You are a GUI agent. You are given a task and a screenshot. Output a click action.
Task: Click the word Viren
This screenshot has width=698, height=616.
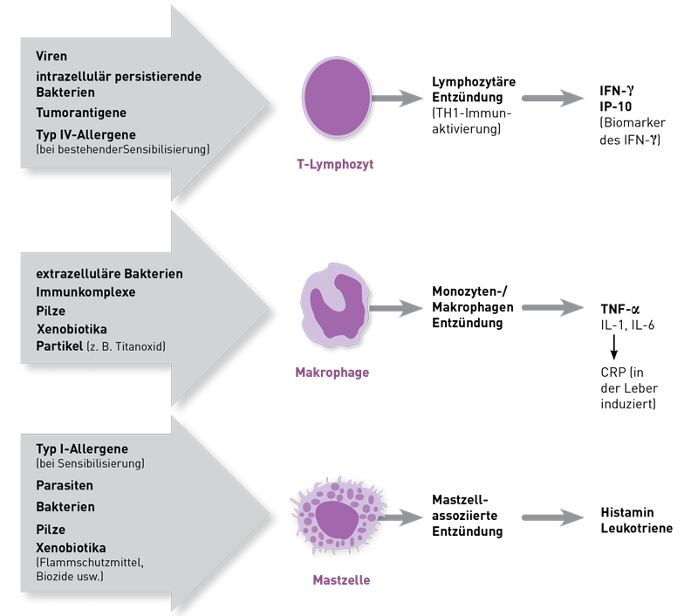[51, 57]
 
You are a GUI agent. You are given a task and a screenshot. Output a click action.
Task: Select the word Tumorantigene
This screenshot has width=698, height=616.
[81, 113]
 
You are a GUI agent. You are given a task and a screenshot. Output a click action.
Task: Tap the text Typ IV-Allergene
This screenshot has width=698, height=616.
[87, 133]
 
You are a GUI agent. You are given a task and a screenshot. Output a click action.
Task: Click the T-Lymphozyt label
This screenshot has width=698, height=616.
[335, 164]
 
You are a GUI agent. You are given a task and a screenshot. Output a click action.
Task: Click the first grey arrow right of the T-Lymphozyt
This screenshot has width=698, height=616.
[398, 99]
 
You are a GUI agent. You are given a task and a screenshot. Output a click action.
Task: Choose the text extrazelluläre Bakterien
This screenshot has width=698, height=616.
[109, 274]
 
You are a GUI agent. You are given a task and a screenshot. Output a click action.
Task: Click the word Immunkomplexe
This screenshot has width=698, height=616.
[86, 292]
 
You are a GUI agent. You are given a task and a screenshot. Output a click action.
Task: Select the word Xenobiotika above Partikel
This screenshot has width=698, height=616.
[72, 329]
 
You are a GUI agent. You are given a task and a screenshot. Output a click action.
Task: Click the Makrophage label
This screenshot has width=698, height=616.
[332, 373]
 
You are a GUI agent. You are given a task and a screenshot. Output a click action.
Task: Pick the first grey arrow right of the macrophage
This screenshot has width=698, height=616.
[397, 308]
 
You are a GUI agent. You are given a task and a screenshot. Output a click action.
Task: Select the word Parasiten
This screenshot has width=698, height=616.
[65, 485]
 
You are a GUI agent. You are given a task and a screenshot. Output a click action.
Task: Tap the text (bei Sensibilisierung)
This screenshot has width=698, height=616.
[90, 463]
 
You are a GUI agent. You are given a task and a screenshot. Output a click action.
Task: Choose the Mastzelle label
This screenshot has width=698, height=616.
[335, 580]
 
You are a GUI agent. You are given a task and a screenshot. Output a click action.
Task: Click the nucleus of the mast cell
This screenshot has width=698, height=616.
[335, 520]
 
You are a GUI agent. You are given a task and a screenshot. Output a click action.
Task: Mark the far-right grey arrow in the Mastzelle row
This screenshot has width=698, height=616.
[553, 518]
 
